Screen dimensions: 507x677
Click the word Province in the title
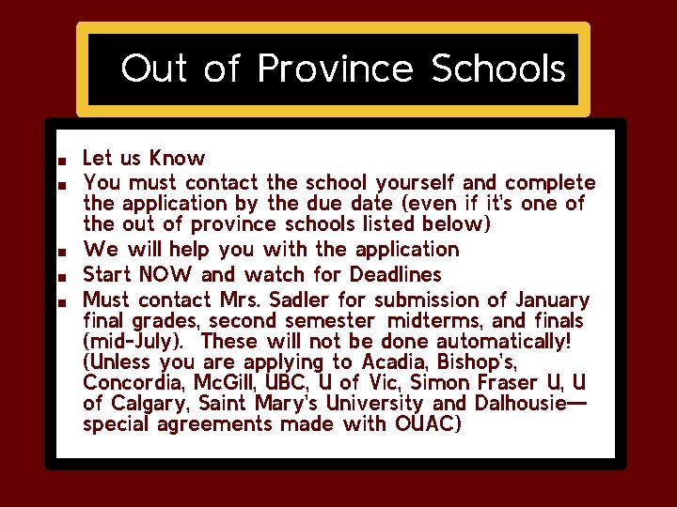click(x=335, y=69)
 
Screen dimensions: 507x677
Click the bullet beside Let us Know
click(x=60, y=159)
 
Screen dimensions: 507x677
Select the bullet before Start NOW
click(x=60, y=277)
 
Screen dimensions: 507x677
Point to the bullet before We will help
click(x=60, y=252)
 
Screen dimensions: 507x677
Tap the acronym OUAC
click(x=418, y=423)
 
